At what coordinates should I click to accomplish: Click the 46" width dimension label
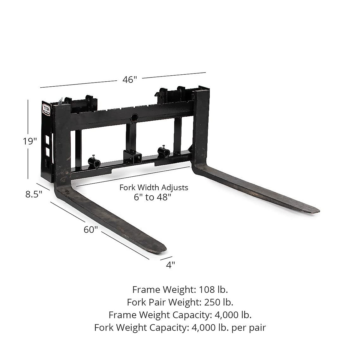pos(130,80)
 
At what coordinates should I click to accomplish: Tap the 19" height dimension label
pos(30,141)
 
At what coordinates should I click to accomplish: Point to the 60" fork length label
pos(91,229)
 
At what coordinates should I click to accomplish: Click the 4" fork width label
pos(170,265)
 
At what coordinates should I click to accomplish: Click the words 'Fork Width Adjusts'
pos(154,187)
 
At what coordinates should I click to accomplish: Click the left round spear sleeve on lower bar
pos(94,163)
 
